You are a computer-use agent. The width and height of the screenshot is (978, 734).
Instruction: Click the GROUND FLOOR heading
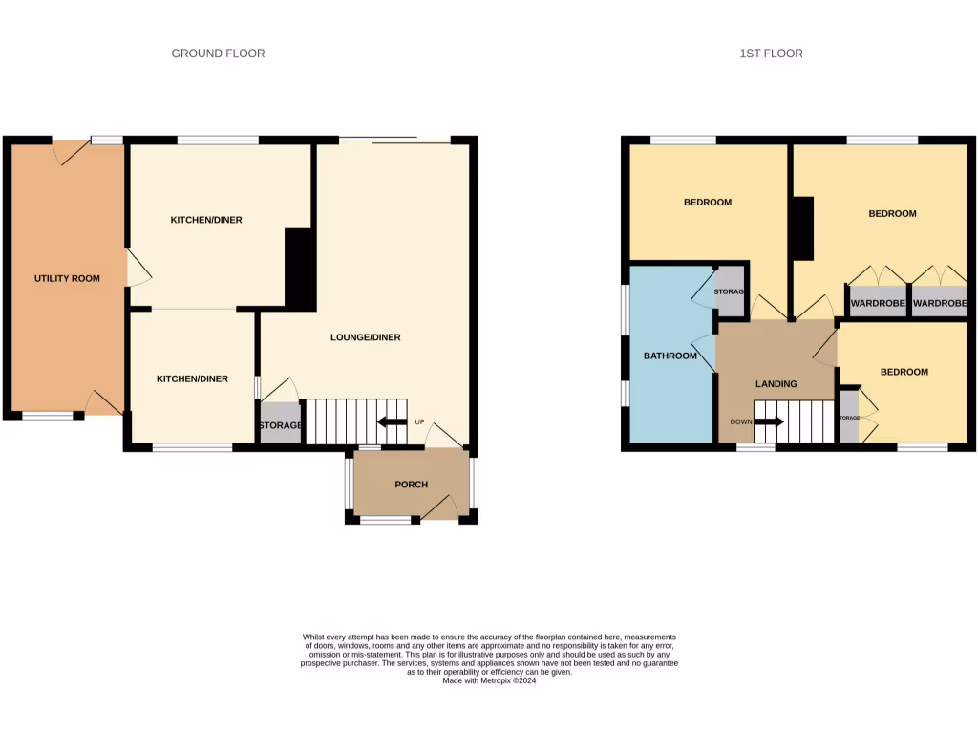tap(218, 54)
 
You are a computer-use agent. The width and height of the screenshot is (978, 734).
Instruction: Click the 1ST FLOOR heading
tap(771, 54)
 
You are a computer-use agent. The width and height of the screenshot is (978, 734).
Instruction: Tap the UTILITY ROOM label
tap(67, 278)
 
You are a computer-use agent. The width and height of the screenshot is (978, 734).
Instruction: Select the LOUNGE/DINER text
tap(365, 337)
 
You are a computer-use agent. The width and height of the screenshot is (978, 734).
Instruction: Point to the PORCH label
tap(411, 485)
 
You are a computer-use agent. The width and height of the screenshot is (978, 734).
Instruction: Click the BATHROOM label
tap(670, 356)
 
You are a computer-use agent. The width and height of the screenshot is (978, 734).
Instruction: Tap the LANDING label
tap(776, 384)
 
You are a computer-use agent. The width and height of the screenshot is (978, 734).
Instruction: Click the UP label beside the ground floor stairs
tap(418, 422)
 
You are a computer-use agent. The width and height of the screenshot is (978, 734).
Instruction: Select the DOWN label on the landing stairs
tap(740, 421)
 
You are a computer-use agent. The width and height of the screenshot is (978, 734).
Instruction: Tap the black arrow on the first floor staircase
tap(769, 421)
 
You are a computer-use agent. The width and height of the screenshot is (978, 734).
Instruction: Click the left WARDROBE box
tap(877, 303)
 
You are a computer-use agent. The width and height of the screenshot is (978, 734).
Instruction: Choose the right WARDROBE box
tap(939, 303)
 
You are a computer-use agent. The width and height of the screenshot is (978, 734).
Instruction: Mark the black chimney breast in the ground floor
tap(300, 270)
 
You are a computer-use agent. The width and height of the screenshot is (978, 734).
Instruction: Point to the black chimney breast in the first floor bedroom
tap(802, 227)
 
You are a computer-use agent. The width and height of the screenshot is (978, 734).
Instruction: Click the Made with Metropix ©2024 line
tap(490, 680)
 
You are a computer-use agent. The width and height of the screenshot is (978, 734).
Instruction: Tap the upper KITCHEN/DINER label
tap(206, 220)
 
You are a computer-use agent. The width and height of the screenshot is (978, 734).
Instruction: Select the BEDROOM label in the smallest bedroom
tap(904, 372)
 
